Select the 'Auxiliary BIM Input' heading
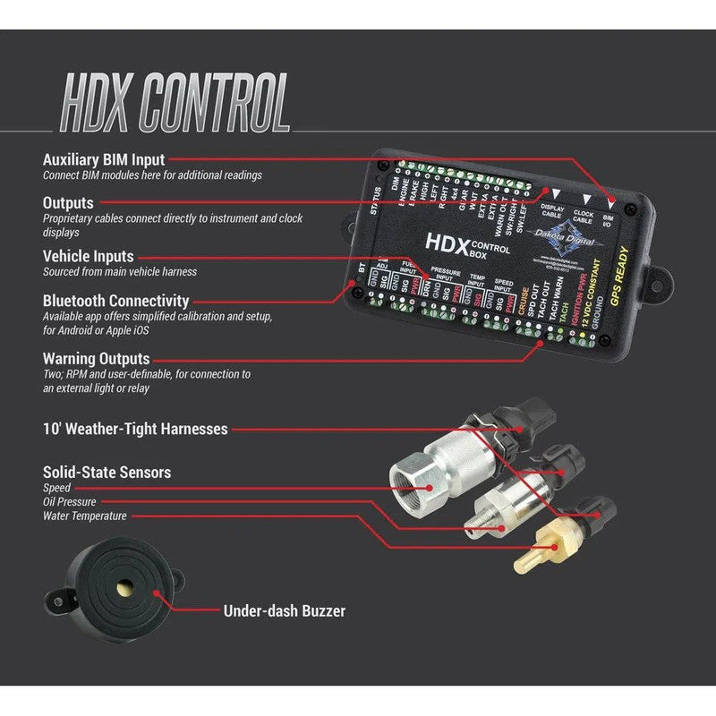click(104, 160)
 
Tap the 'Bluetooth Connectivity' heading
click(116, 301)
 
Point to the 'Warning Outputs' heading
click(97, 359)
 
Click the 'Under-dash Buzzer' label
click(284, 611)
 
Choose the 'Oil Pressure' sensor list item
click(70, 502)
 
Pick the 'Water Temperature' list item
click(85, 516)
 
